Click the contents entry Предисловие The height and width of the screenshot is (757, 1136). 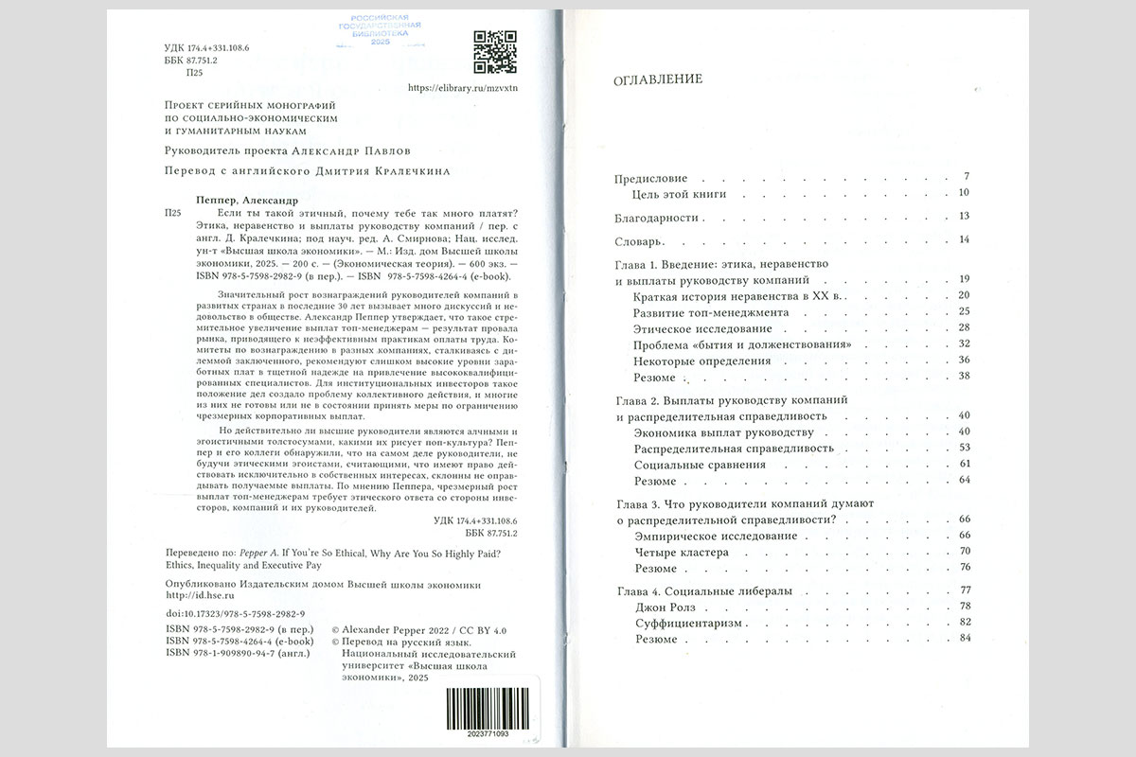(650, 178)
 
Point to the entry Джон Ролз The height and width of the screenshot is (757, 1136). (665, 607)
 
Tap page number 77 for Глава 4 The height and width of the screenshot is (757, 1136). (966, 590)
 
